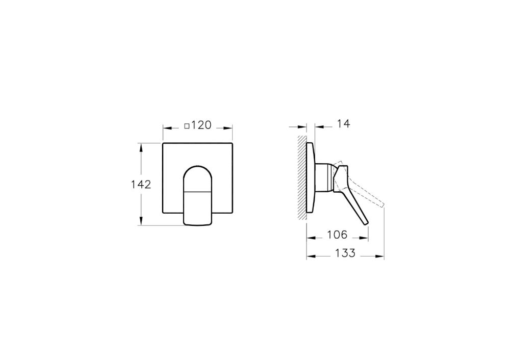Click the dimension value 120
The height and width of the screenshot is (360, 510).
pyautogui.click(x=201, y=126)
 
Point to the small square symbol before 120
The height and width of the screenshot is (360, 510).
pyautogui.click(x=187, y=126)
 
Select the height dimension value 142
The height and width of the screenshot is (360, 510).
pyautogui.click(x=141, y=184)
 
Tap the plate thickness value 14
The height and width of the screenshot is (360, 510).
pyautogui.click(x=342, y=124)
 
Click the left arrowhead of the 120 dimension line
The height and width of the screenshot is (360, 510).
pyautogui.click(x=165, y=126)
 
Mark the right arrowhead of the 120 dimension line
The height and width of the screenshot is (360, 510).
pyautogui.click(x=231, y=126)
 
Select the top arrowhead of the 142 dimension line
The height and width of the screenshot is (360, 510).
pyautogui.click(x=141, y=146)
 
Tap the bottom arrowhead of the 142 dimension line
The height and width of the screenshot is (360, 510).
pyautogui.click(x=141, y=222)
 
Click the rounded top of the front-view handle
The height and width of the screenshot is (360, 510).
pyautogui.click(x=198, y=168)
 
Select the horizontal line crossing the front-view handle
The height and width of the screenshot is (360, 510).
pyautogui.click(x=198, y=192)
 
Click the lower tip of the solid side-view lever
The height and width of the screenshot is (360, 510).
pyautogui.click(x=366, y=223)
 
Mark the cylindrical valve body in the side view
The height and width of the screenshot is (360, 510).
pyautogui.click(x=325, y=178)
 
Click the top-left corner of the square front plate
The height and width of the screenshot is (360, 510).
pyautogui.click(x=163, y=144)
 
